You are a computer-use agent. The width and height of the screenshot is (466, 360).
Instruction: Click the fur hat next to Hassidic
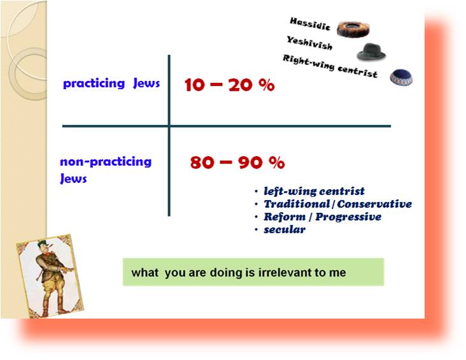pyautogui.click(x=353, y=29)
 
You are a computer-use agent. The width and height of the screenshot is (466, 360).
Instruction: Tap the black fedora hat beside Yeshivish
pyautogui.click(x=371, y=52)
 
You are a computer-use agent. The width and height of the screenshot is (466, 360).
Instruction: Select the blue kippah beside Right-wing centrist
pyautogui.click(x=401, y=77)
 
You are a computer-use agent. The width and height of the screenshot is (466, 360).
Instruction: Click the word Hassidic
pyautogui.click(x=310, y=24)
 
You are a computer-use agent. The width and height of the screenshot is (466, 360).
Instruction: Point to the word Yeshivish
pyautogui.click(x=309, y=43)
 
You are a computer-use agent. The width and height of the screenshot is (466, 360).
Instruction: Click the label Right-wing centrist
pyautogui.click(x=330, y=66)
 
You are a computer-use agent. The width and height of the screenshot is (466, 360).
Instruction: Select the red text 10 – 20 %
pyautogui.click(x=229, y=85)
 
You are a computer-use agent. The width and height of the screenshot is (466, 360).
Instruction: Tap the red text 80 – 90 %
pyautogui.click(x=237, y=162)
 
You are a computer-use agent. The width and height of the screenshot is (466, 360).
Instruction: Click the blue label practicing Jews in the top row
pyautogui.click(x=111, y=83)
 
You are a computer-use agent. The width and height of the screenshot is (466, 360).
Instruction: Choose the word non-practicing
pyautogui.click(x=106, y=162)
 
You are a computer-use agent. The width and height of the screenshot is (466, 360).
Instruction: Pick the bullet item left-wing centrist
pyautogui.click(x=314, y=191)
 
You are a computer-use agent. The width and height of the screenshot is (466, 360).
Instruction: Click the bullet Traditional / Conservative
pyautogui.click(x=338, y=204)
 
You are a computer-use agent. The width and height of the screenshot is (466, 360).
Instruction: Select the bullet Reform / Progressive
pyautogui.click(x=323, y=217)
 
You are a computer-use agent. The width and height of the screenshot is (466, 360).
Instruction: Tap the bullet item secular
pyautogui.click(x=285, y=229)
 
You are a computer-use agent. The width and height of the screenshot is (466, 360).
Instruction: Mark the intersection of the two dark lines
pyautogui.click(x=169, y=126)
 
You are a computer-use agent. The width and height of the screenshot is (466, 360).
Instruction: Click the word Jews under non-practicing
pyautogui.click(x=73, y=179)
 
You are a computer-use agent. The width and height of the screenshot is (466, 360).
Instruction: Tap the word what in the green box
pyautogui.click(x=145, y=273)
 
